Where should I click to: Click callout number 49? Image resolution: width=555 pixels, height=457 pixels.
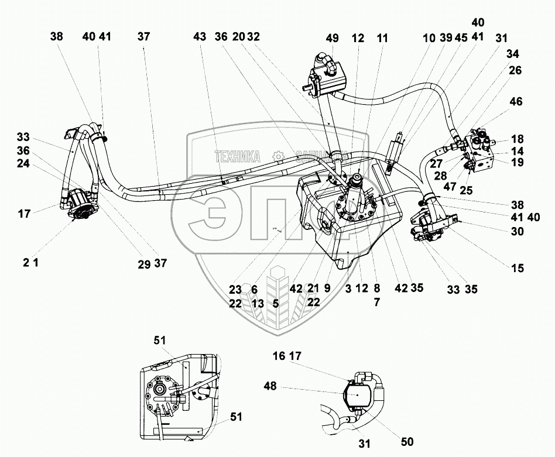pyautogui.click(x=333, y=39)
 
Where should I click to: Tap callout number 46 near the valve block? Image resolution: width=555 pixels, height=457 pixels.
pyautogui.click(x=516, y=102)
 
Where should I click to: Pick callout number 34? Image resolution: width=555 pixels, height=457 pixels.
pyautogui.click(x=513, y=54)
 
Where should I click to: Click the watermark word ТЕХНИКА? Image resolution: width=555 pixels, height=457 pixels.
pyautogui.click(x=237, y=157)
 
